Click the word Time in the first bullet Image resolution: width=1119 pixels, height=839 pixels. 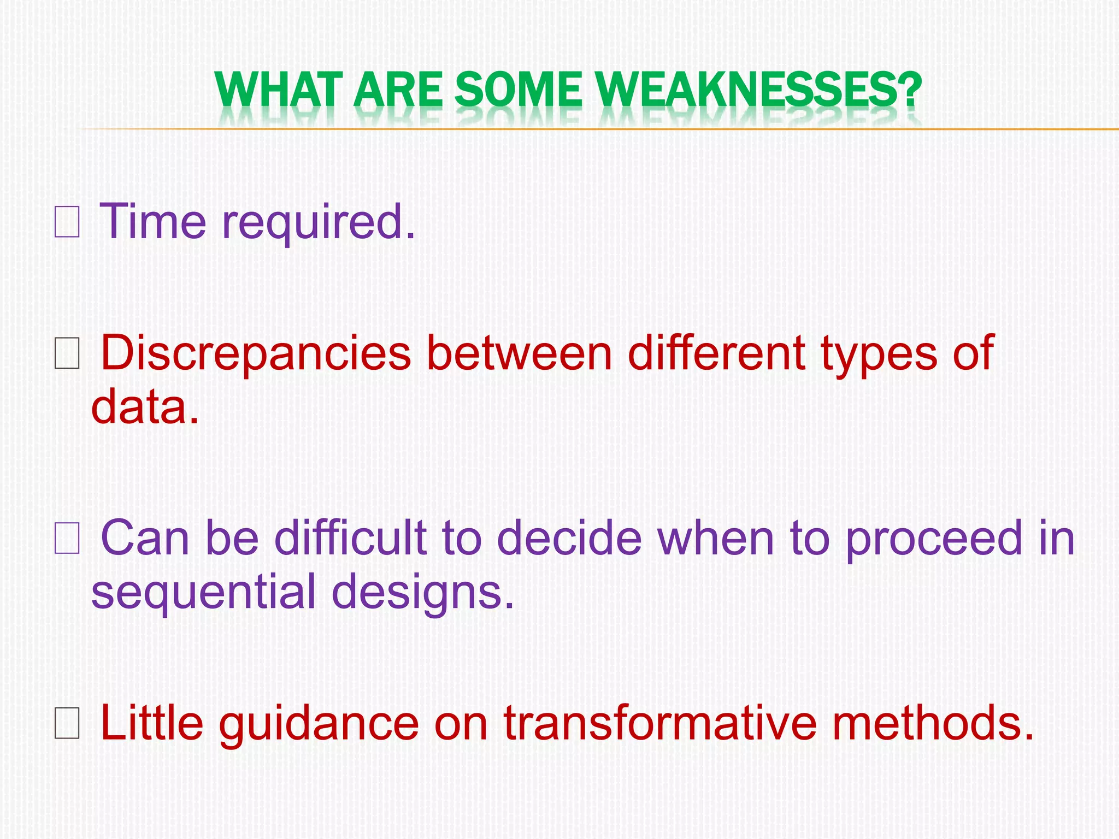coord(153,221)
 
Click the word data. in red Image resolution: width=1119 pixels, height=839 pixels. coord(145,407)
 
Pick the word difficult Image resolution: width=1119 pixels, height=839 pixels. coord(350,538)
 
